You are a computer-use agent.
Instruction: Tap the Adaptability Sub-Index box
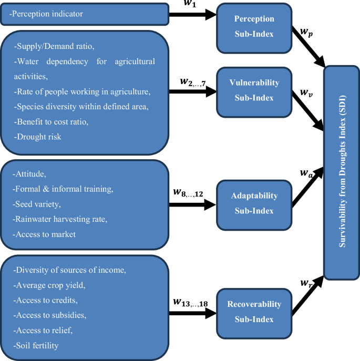pyautogui.click(x=254, y=203)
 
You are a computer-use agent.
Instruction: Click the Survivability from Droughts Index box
pyautogui.click(x=342, y=173)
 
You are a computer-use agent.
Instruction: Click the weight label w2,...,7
pyautogui.click(x=193, y=82)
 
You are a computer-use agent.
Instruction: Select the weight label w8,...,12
pyautogui.click(x=188, y=192)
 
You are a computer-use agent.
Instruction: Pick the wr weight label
pyautogui.click(x=307, y=283)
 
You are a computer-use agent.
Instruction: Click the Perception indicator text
pyautogui.click(x=48, y=13)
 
